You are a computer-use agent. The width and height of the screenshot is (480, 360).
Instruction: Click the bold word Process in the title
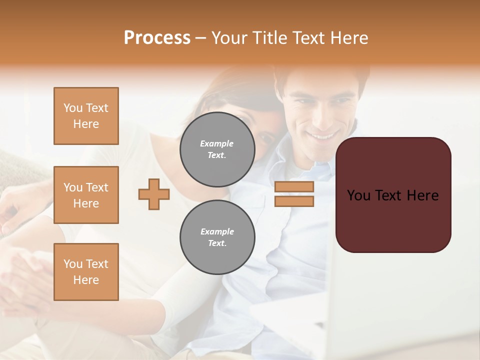point(157,38)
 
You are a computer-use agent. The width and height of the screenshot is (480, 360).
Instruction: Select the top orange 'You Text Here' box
point(86,116)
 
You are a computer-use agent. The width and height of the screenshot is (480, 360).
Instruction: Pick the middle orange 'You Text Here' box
point(86,195)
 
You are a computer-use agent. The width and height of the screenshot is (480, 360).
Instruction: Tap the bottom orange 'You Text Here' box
point(86,272)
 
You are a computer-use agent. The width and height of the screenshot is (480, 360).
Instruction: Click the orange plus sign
point(154,194)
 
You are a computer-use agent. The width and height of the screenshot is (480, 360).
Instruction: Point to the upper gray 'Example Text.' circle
point(217,149)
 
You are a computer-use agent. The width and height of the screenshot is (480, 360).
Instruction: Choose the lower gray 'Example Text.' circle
point(217,237)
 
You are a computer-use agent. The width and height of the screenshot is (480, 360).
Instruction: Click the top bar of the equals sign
point(294,187)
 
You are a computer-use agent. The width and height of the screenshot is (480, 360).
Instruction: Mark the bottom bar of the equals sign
point(294,201)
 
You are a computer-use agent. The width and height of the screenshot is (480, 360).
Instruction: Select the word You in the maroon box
point(359,195)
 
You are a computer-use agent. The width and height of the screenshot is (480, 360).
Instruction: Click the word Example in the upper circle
point(217,144)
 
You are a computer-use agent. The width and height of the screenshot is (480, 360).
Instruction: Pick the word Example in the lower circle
point(217,232)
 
